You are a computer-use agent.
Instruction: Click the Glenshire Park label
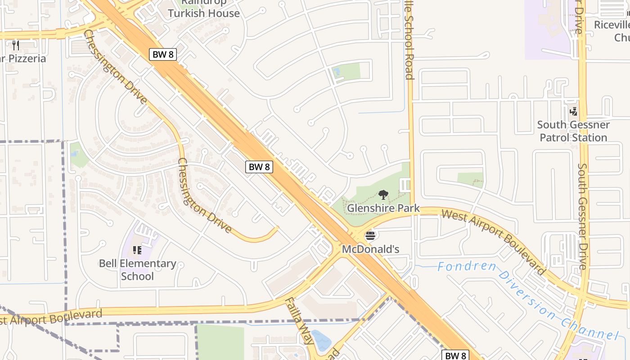pyautogui.click(x=383, y=208)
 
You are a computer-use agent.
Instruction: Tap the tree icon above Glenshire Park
pyautogui.click(x=383, y=195)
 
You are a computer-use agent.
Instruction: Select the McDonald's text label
pyautogui.click(x=370, y=249)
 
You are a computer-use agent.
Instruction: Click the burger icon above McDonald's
pyautogui.click(x=370, y=235)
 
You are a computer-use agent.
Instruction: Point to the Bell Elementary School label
pyautogui.click(x=137, y=270)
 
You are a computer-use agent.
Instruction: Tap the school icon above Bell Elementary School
pyautogui.click(x=137, y=250)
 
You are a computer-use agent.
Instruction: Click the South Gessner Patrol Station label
pyautogui.click(x=573, y=131)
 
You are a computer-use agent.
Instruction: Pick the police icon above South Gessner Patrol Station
pyautogui.click(x=573, y=111)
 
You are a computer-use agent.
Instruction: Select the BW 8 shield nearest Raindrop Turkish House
pyautogui.click(x=163, y=55)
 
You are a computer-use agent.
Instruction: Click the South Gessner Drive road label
pyautogui.click(x=582, y=216)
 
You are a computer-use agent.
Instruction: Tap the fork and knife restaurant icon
pyautogui.click(x=16, y=45)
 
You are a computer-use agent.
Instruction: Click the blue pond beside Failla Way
pyautogui.click(x=321, y=341)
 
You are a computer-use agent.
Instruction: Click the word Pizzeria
pyautogui.click(x=28, y=58)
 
